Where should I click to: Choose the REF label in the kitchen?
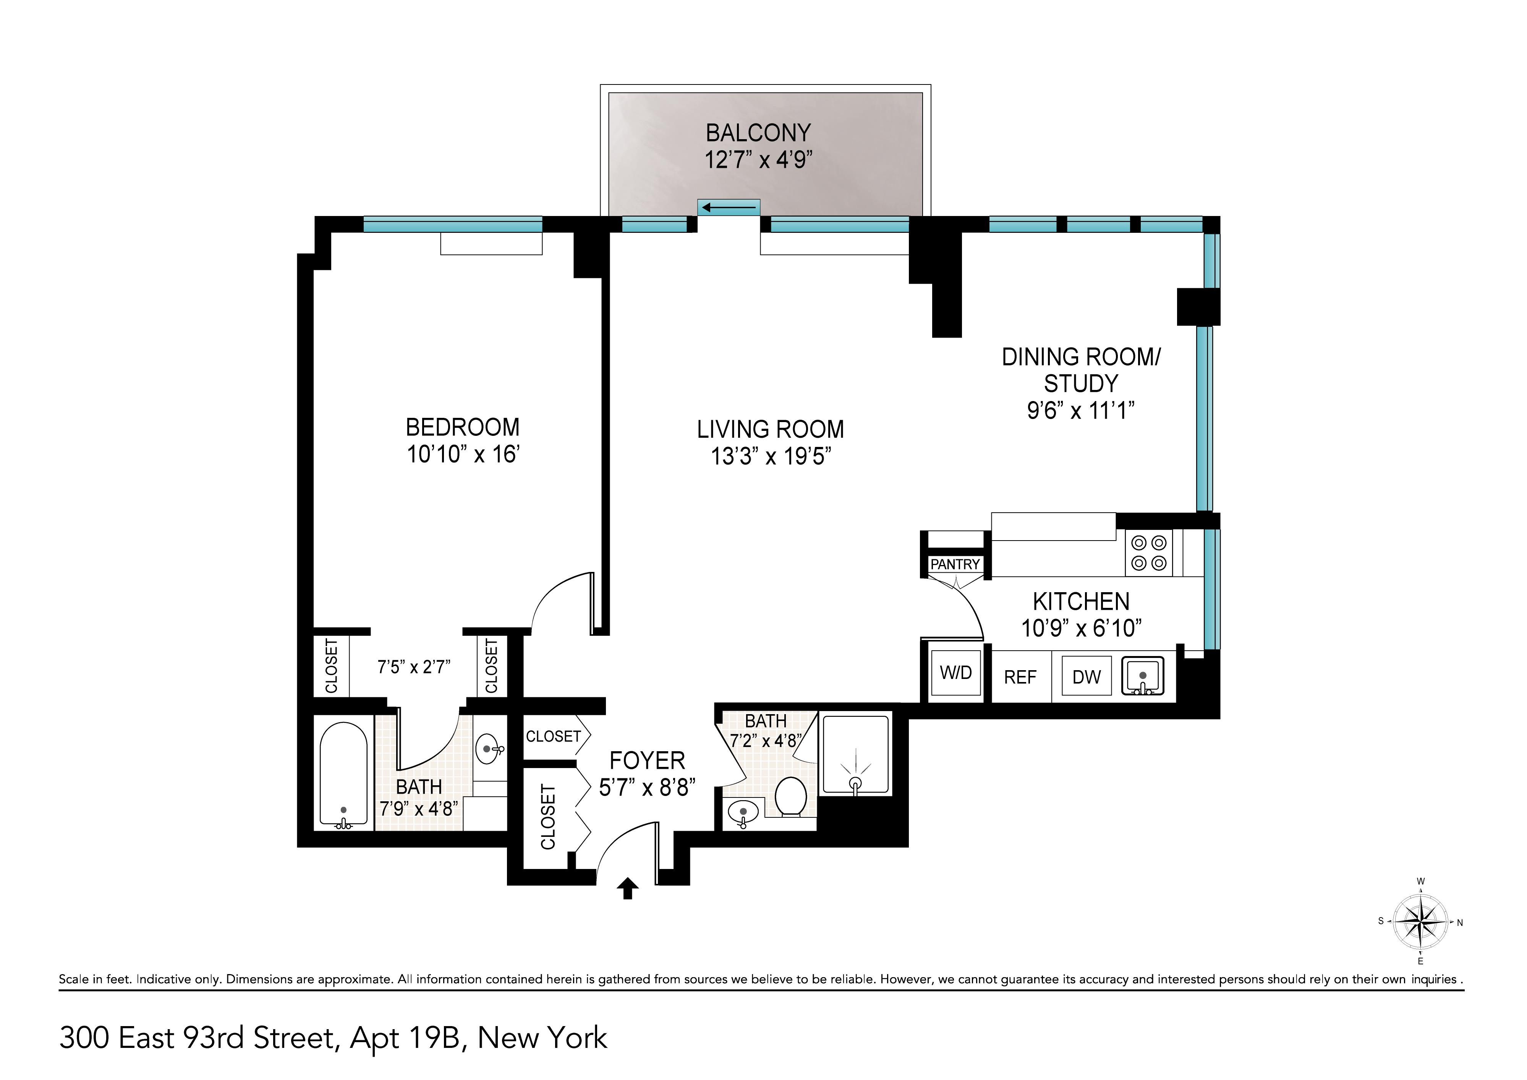(1020, 677)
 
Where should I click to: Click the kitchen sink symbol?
(1143, 676)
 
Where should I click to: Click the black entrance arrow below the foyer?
(627, 888)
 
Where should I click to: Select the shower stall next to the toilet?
(855, 755)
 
